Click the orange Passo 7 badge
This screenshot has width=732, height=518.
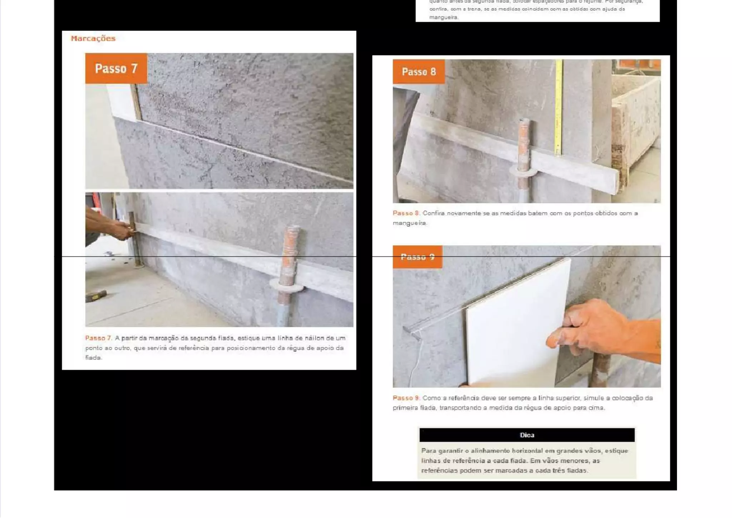pyautogui.click(x=116, y=68)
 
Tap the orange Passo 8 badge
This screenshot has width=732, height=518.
pyautogui.click(x=419, y=72)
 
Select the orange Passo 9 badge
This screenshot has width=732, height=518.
pyautogui.click(x=417, y=257)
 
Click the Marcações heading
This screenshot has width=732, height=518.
pyautogui.click(x=93, y=39)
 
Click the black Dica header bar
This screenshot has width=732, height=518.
pyautogui.click(x=526, y=435)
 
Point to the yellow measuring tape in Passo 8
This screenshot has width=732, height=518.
pyautogui.click(x=558, y=107)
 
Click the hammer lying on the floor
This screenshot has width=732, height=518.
pyautogui.click(x=96, y=295)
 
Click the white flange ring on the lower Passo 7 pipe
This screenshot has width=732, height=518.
pyautogui.click(x=286, y=285)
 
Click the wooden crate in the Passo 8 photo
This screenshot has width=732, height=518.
pyautogui.click(x=636, y=118)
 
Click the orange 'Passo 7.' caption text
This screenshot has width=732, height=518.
pyautogui.click(x=98, y=338)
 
